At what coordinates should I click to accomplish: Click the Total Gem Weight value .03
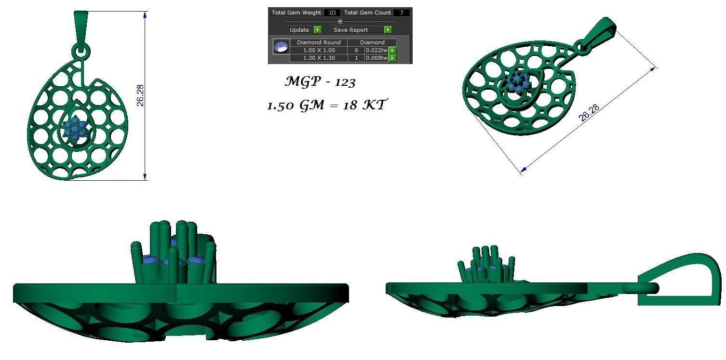tap(332, 13)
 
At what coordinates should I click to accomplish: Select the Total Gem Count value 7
tap(401, 13)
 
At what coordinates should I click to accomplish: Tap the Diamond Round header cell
tap(319, 42)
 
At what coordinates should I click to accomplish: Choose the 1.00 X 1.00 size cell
tap(319, 50)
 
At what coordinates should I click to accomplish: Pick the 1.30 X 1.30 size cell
tap(319, 58)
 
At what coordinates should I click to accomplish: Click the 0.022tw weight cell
tap(376, 50)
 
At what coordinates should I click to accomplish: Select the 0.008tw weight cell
tap(376, 58)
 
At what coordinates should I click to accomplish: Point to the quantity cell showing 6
tap(356, 50)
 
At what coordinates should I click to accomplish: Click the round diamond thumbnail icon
tap(281, 47)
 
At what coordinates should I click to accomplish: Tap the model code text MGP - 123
tap(320, 82)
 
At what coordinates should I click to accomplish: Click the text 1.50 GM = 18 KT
tap(326, 105)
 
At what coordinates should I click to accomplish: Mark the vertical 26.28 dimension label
tap(140, 95)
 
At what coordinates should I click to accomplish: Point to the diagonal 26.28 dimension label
tap(589, 113)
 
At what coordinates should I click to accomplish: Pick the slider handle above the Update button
tap(340, 21)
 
